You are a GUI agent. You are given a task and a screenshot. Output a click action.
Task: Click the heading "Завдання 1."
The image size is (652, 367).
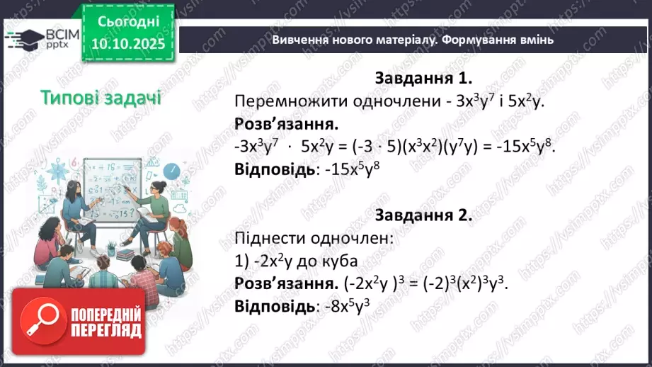click(423, 78)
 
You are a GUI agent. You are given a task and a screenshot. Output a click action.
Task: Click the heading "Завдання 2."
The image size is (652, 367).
click(423, 216)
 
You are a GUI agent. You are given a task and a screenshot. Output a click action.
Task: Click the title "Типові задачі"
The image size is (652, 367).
click(101, 97)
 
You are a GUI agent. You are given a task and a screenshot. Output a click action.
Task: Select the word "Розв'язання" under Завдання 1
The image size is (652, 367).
click(277, 124)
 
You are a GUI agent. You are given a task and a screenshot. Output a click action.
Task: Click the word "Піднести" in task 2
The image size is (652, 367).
click(264, 239)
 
